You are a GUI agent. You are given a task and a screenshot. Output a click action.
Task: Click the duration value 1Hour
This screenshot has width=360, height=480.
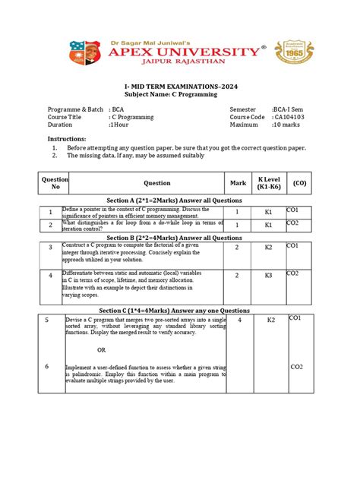[x=124, y=126]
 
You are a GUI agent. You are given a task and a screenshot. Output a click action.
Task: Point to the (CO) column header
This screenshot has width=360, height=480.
[x=299, y=183]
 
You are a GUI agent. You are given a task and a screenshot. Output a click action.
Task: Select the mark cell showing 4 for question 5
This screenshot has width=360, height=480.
[x=239, y=321]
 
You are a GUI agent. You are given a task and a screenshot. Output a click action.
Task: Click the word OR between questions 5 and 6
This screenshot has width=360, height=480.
[x=102, y=349]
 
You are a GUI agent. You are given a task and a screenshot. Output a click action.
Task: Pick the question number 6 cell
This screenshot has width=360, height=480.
[x=47, y=367]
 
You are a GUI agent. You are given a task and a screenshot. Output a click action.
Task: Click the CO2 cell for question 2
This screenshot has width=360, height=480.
[x=294, y=223]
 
